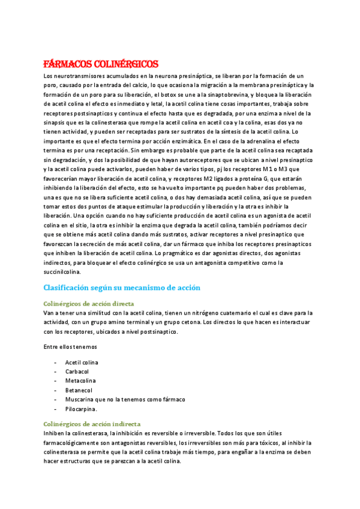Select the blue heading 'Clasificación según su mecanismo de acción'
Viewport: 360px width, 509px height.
coord(122,288)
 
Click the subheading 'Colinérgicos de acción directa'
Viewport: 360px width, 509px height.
coord(89,304)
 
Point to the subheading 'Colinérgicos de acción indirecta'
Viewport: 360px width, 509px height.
coord(92,423)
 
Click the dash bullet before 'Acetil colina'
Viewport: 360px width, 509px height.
coord(55,363)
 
